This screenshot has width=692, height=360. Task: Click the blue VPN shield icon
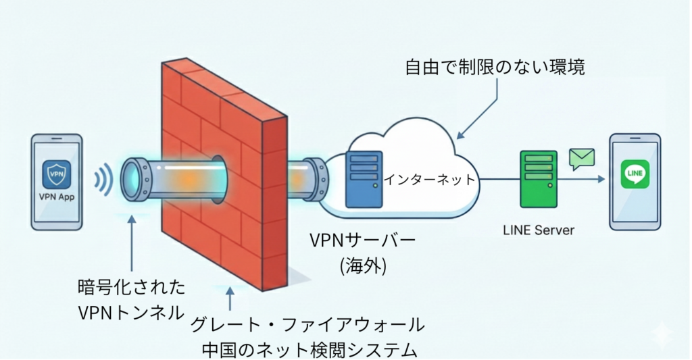(56, 174)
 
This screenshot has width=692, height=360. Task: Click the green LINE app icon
(635, 174)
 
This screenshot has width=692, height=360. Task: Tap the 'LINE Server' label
(539, 230)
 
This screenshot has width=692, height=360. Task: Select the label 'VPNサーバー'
(362, 241)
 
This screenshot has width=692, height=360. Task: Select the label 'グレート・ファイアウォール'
(308, 325)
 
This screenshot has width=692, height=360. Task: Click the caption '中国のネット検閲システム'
(309, 349)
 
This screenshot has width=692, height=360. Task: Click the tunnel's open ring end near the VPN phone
(133, 180)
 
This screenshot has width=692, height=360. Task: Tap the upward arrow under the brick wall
(231, 299)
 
